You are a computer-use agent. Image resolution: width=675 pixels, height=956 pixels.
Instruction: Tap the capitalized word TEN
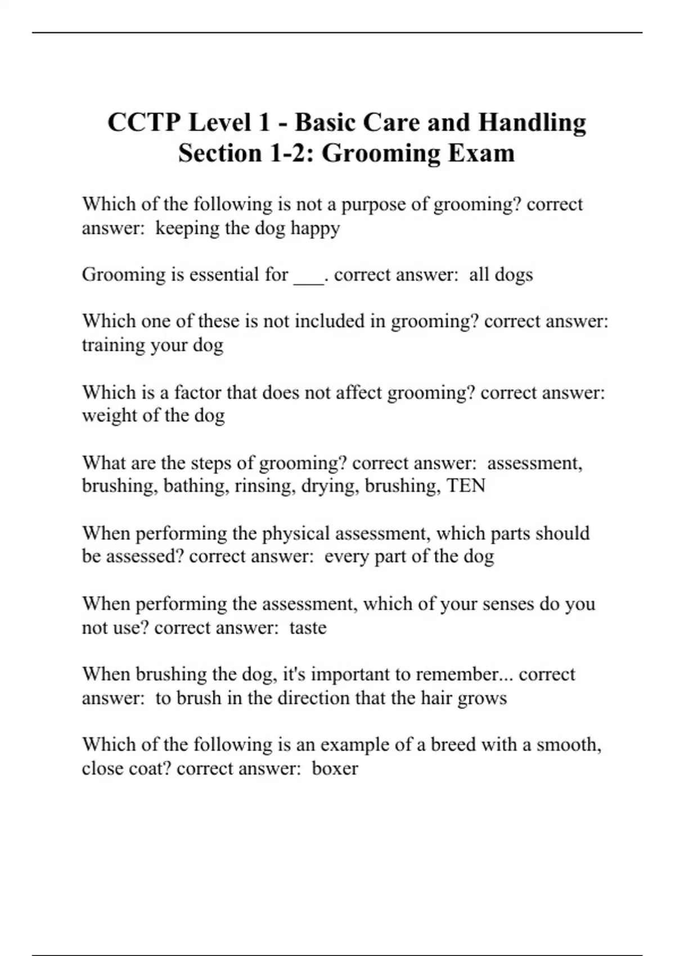pos(466,485)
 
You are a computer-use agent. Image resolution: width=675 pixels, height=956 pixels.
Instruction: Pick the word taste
pos(308,627)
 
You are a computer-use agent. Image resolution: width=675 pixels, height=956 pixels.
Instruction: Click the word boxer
pos(335,768)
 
